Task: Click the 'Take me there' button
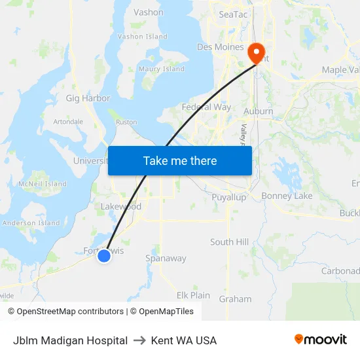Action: point(179,160)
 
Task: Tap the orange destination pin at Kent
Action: point(255,52)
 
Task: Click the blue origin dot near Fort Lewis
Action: point(104,256)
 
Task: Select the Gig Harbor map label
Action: point(88,98)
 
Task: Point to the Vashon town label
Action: point(149,12)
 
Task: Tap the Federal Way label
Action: point(206,107)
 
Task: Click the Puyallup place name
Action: point(228,196)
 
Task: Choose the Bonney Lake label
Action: point(287,196)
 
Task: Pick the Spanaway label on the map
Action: point(166,259)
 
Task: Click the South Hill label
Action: point(229,242)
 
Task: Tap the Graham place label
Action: point(235,299)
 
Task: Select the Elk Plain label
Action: point(193,295)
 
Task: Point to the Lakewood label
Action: point(120,207)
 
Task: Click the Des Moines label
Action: point(221,47)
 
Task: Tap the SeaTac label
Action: point(234,14)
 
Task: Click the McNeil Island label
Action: point(43,184)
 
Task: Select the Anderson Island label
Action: point(31,223)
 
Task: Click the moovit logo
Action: point(321,340)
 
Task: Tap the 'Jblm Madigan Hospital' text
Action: point(70,340)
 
